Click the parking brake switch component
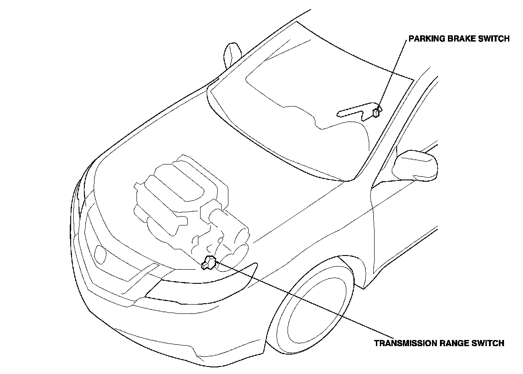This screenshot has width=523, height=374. coord(376,112)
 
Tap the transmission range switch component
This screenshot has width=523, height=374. coord(208,263)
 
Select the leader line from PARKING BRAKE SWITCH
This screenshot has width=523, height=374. coord(391,73)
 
